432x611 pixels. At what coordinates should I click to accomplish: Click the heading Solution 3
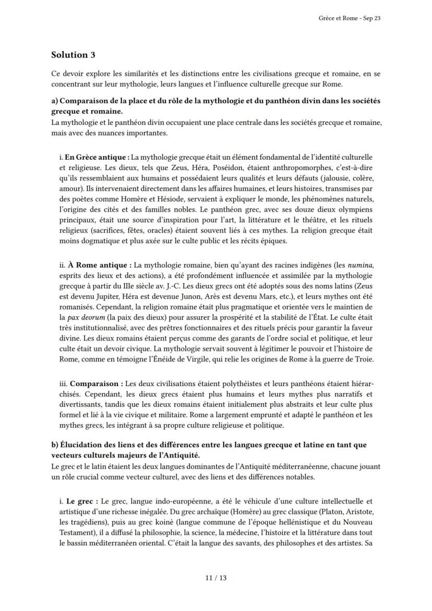(x=73, y=54)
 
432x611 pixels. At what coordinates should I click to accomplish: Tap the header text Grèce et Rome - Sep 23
(x=349, y=18)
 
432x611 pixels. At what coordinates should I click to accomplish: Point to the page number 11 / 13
(x=216, y=578)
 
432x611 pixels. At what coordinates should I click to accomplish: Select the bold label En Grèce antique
(x=95, y=157)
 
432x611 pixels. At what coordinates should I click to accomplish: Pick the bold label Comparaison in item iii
(x=94, y=384)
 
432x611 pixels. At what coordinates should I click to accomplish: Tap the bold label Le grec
(x=82, y=501)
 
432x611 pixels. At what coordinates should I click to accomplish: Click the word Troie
(x=363, y=359)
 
